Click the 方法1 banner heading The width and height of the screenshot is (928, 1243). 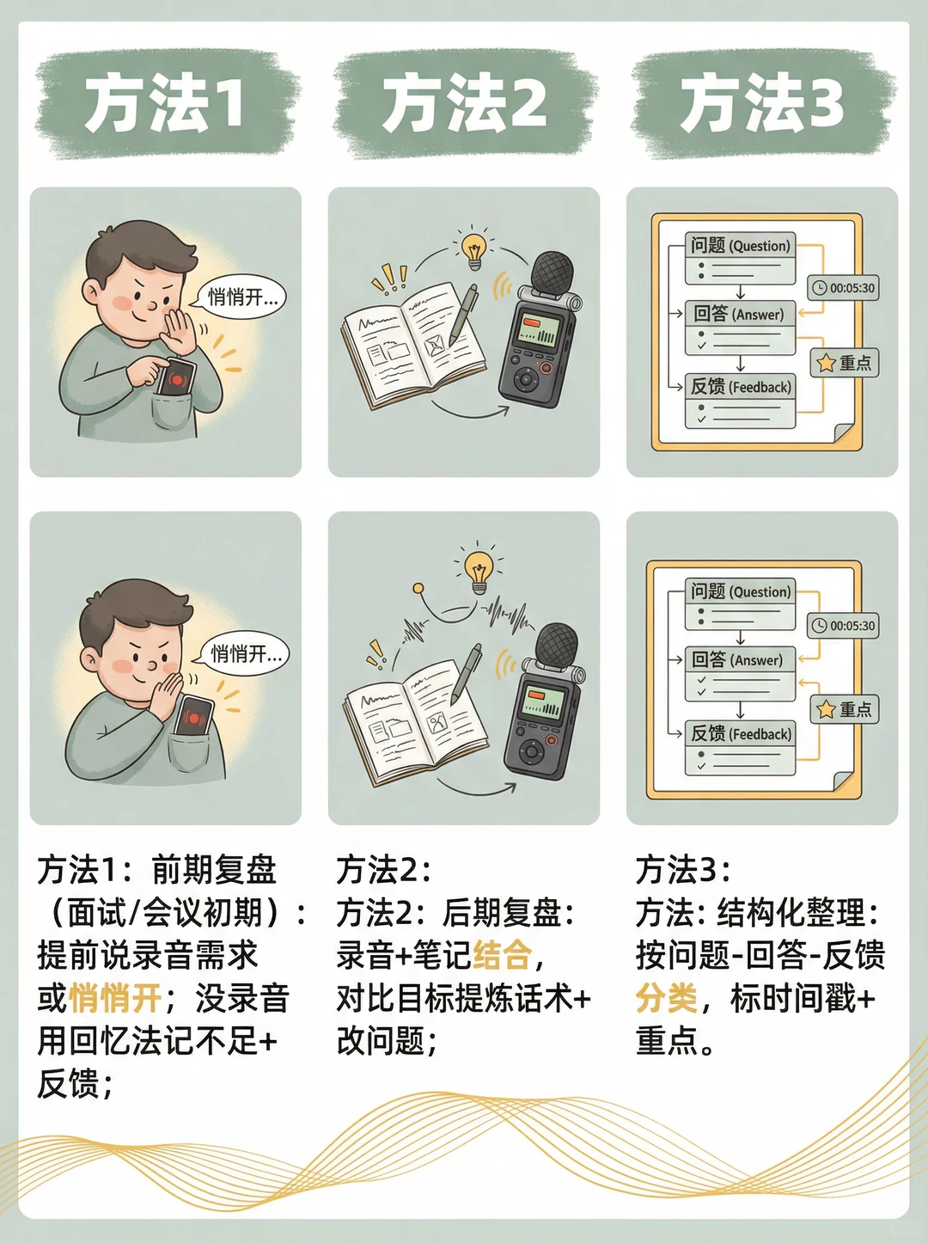click(x=164, y=103)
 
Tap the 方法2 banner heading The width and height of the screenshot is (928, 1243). click(x=464, y=103)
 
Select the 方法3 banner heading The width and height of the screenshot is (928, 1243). click(x=762, y=103)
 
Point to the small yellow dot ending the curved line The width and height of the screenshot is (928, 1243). click(x=418, y=589)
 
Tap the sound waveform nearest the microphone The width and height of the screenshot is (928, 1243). click(x=507, y=615)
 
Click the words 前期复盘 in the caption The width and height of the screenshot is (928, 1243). click(x=214, y=870)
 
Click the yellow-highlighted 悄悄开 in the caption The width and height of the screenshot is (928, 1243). click(x=115, y=998)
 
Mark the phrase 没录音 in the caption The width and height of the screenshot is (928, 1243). click(x=242, y=998)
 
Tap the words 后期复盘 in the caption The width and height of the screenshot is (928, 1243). click(x=502, y=913)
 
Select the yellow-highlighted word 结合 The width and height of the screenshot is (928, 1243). click(x=502, y=955)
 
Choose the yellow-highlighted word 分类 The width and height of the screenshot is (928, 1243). click(x=666, y=998)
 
